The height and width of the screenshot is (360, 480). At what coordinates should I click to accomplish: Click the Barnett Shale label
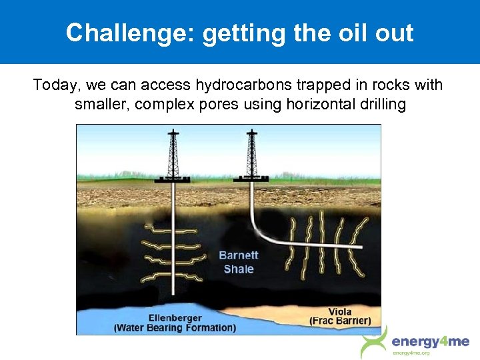pyautogui.click(x=238, y=262)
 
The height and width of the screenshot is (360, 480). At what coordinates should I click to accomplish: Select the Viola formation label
pyautogui.click(x=340, y=311)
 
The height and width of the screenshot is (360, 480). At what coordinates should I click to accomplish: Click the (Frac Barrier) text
pyautogui.click(x=340, y=321)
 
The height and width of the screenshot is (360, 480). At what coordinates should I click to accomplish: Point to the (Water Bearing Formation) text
pyautogui.click(x=175, y=327)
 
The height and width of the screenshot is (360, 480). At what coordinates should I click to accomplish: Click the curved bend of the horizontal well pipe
pyautogui.click(x=260, y=234)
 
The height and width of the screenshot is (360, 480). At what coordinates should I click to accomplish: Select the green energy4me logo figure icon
pyautogui.click(x=374, y=341)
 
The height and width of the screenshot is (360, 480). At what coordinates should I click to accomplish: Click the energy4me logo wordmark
pyautogui.click(x=431, y=342)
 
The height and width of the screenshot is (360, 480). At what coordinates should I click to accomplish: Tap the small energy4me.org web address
pyautogui.click(x=412, y=353)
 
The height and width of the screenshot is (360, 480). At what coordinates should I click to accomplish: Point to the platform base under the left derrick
pyautogui.click(x=173, y=179)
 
